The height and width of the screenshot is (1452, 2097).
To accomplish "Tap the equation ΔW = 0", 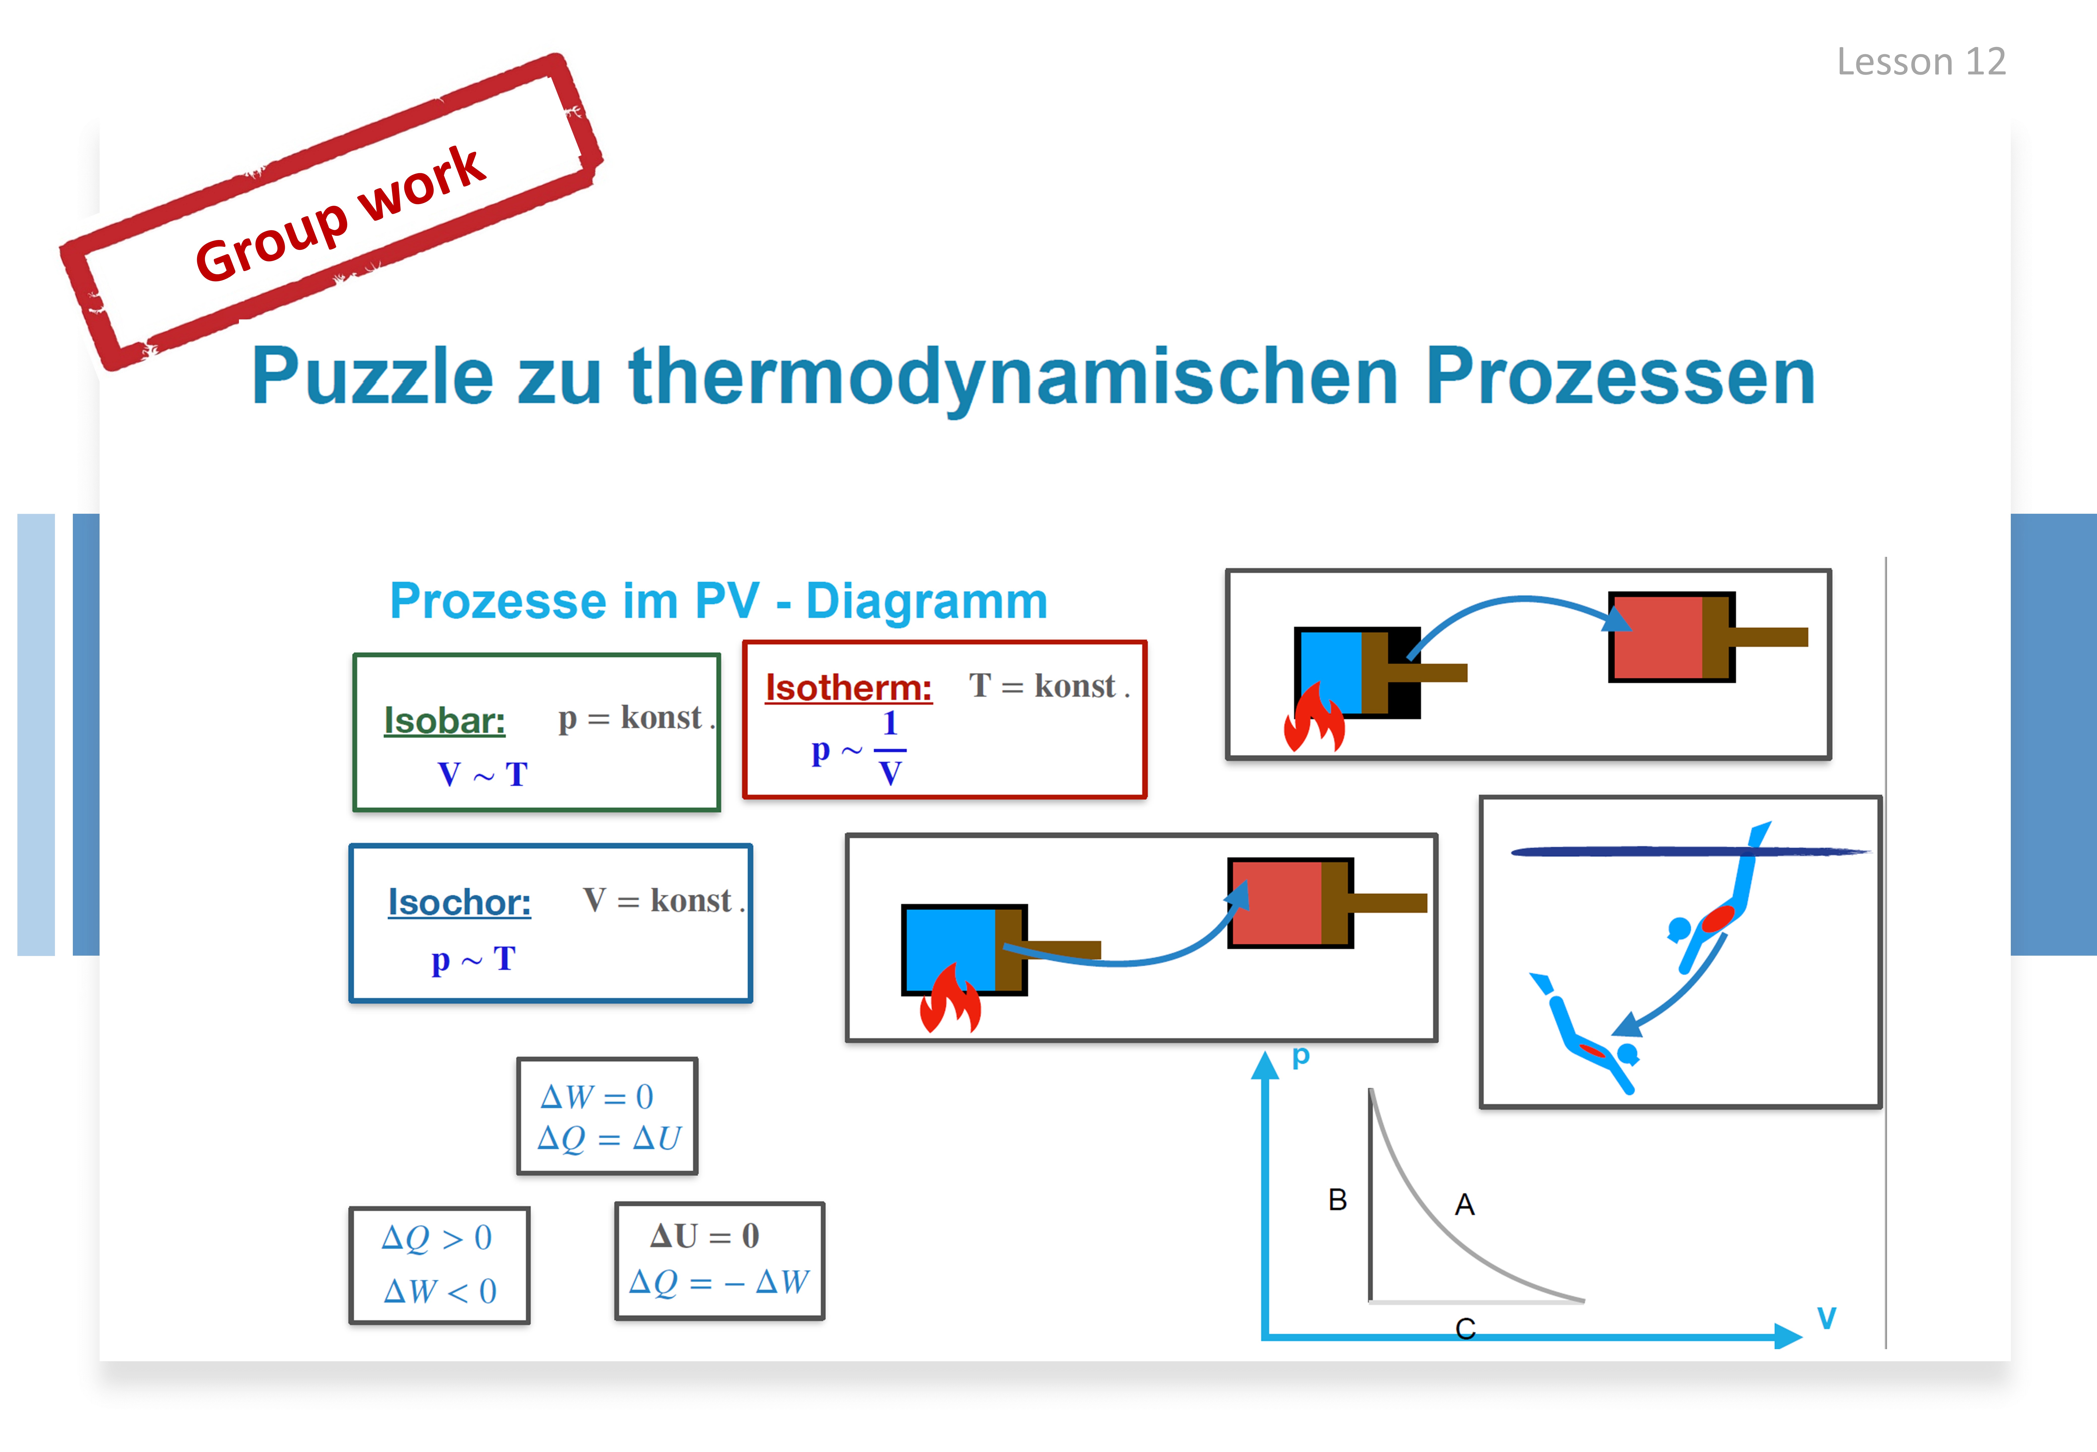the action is click(597, 1096).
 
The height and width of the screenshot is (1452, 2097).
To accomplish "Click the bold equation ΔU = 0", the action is click(705, 1235).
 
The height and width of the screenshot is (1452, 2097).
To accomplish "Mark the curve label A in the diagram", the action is click(1464, 1204).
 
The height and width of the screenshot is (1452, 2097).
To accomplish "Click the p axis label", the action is click(1301, 1055).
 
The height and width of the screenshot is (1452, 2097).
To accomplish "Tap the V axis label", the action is click(1827, 1317).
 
